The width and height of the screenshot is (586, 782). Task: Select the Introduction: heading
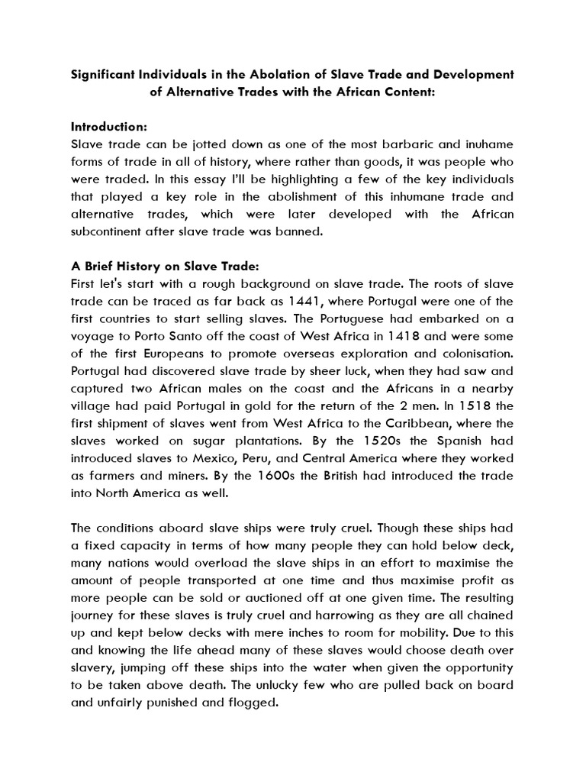pos(108,125)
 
